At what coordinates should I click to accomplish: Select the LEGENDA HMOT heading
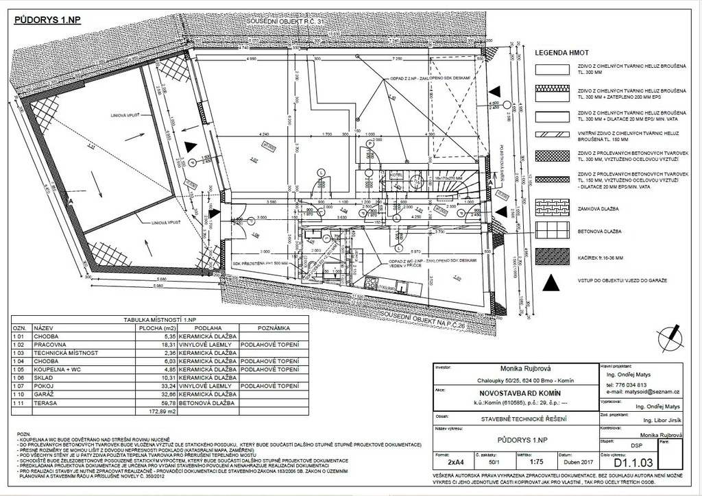pos(561,52)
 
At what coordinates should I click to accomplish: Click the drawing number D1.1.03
pos(636,462)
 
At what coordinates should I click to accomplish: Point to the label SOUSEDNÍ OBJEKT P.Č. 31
pos(288,23)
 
